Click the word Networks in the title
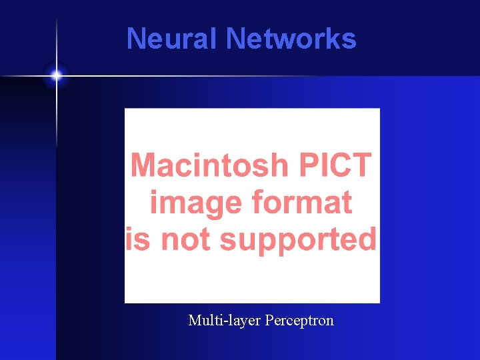[x=291, y=39]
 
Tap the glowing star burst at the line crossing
[x=56, y=76]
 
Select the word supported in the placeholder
[x=298, y=239]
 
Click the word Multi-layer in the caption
[x=224, y=321]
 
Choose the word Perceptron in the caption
[x=299, y=321]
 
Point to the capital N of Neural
[x=135, y=39]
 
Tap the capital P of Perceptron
[x=269, y=321]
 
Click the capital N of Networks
[x=235, y=39]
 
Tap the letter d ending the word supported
[x=366, y=239]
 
